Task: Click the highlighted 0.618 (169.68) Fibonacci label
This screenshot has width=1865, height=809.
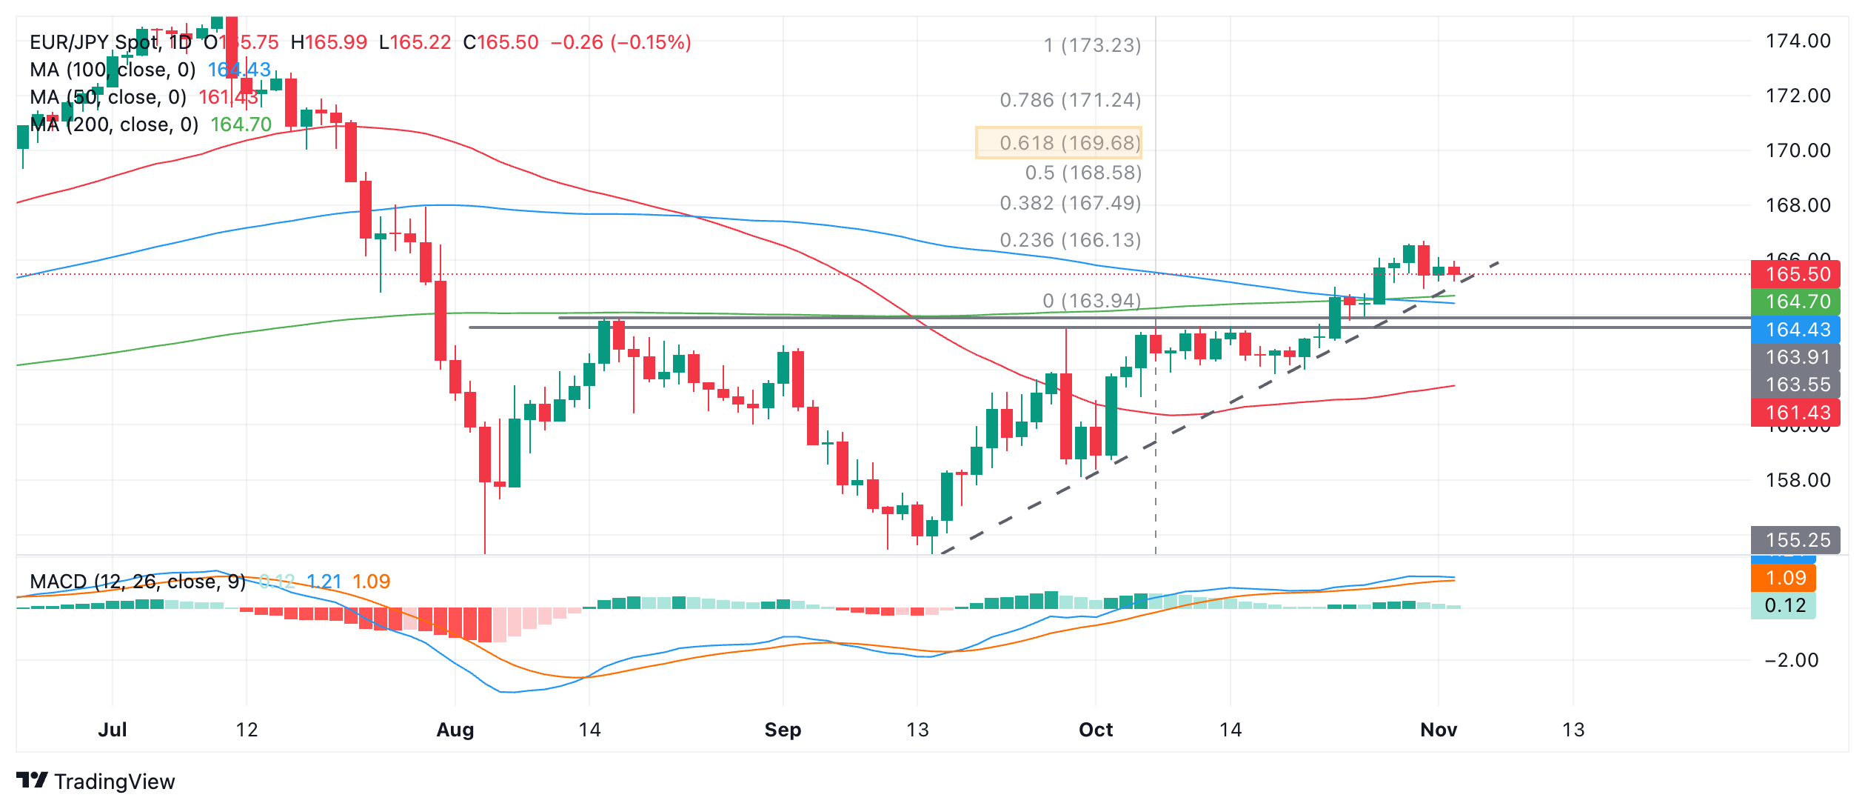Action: (x=1059, y=143)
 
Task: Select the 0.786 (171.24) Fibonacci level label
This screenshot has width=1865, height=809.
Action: (x=1070, y=100)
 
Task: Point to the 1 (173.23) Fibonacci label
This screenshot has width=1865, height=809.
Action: (x=1092, y=46)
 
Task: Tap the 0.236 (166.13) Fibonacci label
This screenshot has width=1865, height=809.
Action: (x=1070, y=240)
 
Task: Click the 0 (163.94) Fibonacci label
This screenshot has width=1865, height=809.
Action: (x=1091, y=301)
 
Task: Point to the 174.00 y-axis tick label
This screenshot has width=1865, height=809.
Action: (x=1798, y=41)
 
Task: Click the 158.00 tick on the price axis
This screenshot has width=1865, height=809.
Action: (x=1798, y=480)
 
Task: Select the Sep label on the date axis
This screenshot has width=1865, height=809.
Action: (x=783, y=730)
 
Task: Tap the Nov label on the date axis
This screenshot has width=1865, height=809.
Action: (x=1438, y=730)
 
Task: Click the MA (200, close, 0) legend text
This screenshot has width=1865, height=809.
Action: (x=114, y=124)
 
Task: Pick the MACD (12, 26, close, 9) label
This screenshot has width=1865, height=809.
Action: (x=138, y=582)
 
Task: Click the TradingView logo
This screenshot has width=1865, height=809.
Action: (x=96, y=782)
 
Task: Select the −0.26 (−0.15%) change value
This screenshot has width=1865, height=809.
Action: (x=620, y=42)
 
